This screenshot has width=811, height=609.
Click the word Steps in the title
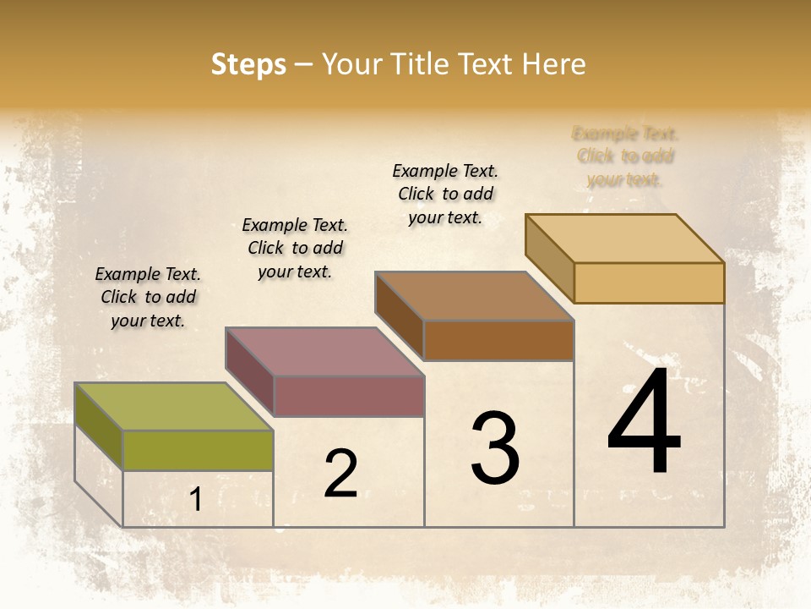(248, 65)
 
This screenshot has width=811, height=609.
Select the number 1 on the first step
(196, 500)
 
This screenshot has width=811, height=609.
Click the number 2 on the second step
(341, 475)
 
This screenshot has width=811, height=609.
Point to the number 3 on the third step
(495, 448)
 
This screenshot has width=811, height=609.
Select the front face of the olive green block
(198, 450)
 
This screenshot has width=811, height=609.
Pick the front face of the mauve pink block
(348, 396)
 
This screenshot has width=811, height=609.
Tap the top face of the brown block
(474, 296)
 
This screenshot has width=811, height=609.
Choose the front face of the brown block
(498, 340)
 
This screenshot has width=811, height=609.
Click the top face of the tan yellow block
(624, 238)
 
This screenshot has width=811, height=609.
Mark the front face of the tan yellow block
(649, 283)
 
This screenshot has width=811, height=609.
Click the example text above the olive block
(148, 297)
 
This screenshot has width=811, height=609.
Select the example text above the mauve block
(295, 248)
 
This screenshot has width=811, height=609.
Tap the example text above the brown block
(445, 194)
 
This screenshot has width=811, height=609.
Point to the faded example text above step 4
(625, 156)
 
